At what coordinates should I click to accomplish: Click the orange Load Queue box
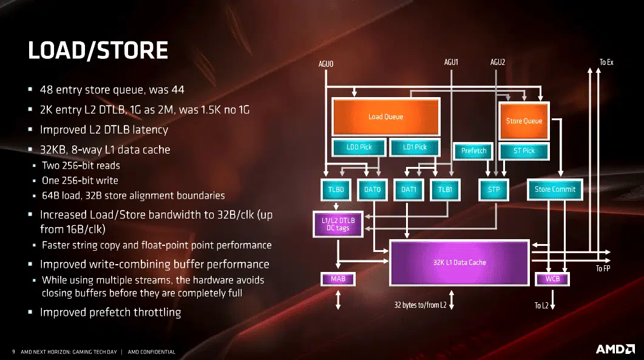[x=385, y=117]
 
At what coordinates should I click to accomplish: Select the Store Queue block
[x=524, y=121]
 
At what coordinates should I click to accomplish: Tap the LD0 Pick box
[x=359, y=147]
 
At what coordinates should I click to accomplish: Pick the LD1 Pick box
[x=415, y=147]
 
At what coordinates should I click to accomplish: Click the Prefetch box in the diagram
[x=473, y=151]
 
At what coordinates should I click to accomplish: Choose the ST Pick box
[x=524, y=151]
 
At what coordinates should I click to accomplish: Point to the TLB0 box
[x=336, y=189]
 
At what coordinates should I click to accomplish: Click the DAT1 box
[x=408, y=189]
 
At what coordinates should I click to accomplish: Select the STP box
[x=493, y=189]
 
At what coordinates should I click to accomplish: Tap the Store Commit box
[x=555, y=189]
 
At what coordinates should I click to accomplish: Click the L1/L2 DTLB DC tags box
[x=338, y=224]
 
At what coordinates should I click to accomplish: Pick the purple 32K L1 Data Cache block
[x=459, y=263]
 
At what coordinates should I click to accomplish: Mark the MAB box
[x=338, y=279]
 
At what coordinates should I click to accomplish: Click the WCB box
[x=552, y=279]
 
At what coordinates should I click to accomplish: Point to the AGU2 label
[x=497, y=62]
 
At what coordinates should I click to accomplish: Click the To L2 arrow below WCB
[x=552, y=299]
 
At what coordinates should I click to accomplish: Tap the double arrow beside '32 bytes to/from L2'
[x=452, y=300]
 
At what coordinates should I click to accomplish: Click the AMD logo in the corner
[x=615, y=349]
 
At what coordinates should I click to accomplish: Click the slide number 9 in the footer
[x=13, y=352]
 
